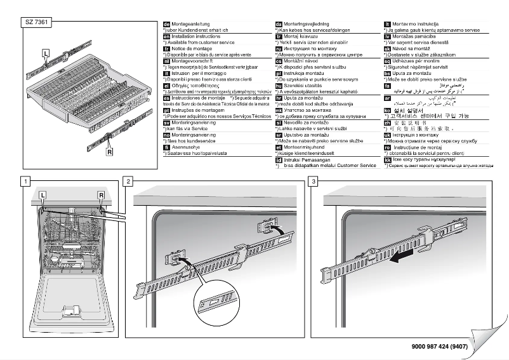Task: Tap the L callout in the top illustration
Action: click(x=46, y=53)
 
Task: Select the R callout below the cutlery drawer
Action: click(x=110, y=152)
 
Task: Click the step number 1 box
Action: click(x=24, y=181)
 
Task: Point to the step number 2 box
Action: click(x=129, y=181)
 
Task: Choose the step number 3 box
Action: click(x=313, y=181)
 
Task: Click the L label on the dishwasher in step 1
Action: click(x=43, y=194)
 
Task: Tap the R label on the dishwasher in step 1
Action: click(x=100, y=194)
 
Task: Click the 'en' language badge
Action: click(x=167, y=37)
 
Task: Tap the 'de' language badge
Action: click(x=167, y=24)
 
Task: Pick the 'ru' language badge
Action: click(x=278, y=48)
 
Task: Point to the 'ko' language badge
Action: click(x=388, y=109)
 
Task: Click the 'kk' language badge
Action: click(x=388, y=159)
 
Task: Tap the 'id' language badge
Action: click(x=278, y=159)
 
